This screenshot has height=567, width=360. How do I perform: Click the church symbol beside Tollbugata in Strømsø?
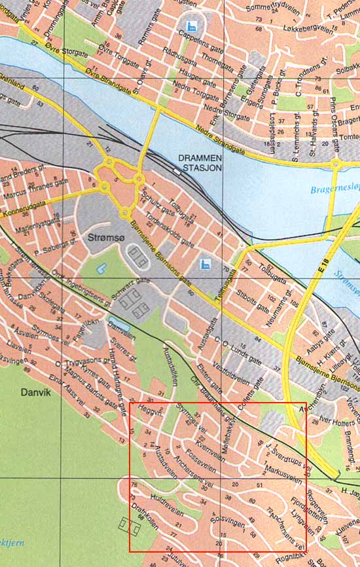click(x=204, y=264)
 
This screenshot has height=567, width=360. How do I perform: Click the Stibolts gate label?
click(x=253, y=298)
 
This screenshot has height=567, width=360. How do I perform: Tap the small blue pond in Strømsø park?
click(x=101, y=268)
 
